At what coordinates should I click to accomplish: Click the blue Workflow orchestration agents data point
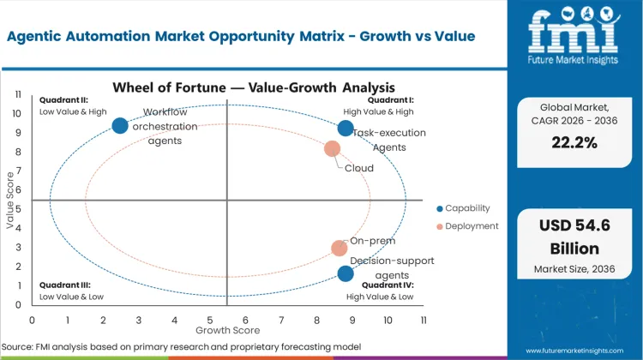[120, 126]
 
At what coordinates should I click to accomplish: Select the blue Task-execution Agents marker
[346, 129]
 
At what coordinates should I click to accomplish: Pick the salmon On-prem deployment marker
[340, 249]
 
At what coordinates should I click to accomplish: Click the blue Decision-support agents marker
[346, 274]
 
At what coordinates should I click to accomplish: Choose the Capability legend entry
[467, 208]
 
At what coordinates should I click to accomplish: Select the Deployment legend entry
[467, 226]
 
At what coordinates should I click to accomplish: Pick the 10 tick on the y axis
[16, 113]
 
